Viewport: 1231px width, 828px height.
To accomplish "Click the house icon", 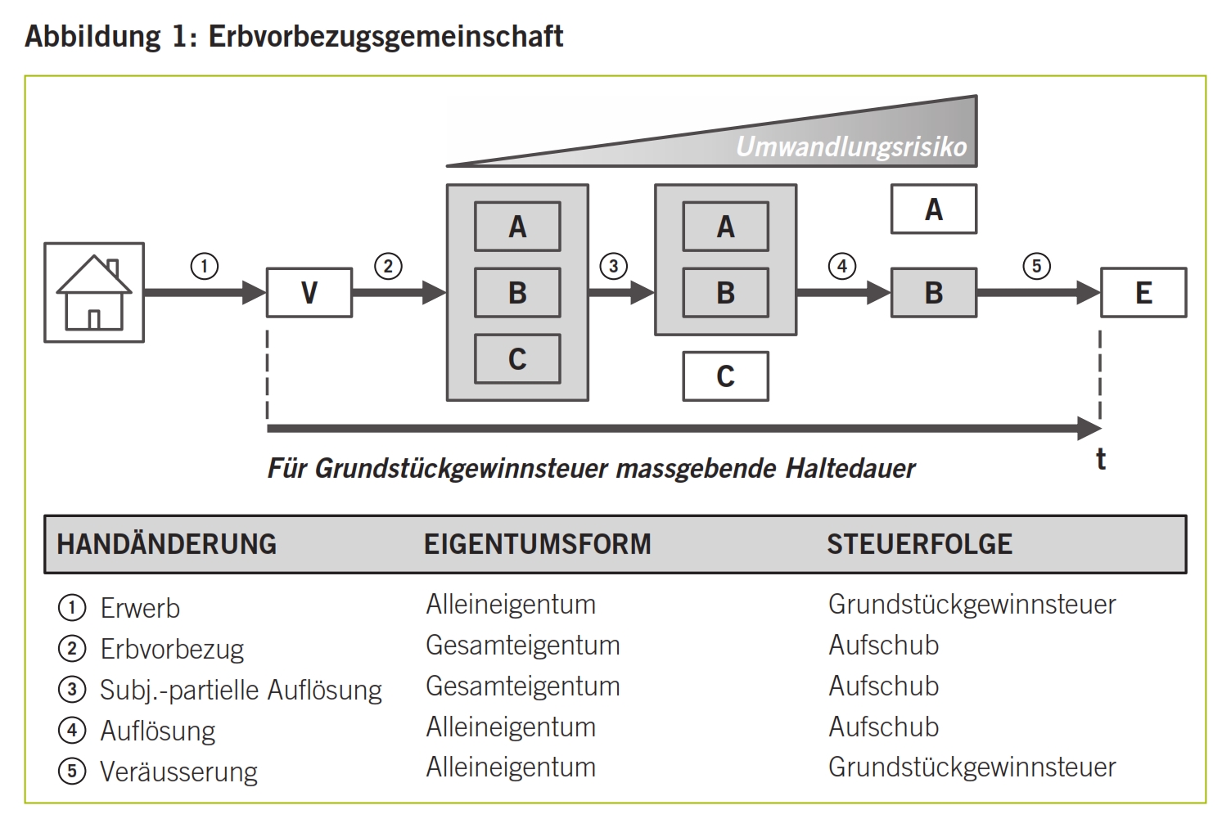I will click(94, 292).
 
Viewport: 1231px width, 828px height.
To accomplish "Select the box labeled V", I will click(309, 292).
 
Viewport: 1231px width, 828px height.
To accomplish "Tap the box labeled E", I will click(1143, 292).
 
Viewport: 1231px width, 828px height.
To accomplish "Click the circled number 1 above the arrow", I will click(205, 266).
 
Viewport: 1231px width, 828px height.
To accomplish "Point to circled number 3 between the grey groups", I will click(614, 266).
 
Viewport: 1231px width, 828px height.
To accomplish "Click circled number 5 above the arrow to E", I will click(1037, 266).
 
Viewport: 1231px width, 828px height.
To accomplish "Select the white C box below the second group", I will click(725, 376).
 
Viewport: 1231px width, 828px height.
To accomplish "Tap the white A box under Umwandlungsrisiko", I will click(934, 209).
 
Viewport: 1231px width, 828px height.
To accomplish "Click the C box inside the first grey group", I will click(517, 358).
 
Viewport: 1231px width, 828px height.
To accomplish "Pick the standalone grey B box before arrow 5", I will click(934, 292).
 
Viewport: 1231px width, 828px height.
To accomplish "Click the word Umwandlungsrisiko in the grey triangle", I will click(851, 147).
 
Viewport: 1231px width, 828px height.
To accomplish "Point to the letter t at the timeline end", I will click(1101, 459).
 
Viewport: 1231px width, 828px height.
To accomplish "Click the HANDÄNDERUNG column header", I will click(167, 544).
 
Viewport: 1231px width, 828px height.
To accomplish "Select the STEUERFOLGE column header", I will click(919, 544).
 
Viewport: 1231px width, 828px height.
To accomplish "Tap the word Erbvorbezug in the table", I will click(172, 649).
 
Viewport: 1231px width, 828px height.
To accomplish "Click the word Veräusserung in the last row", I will click(178, 772).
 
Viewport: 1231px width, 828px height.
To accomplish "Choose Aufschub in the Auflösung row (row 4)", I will click(883, 727).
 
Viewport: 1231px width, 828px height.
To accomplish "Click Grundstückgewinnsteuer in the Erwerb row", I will click(972, 605).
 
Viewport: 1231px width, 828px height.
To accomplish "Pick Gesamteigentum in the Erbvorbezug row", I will click(522, 645).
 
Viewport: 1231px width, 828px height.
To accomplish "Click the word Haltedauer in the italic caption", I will click(850, 468).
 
